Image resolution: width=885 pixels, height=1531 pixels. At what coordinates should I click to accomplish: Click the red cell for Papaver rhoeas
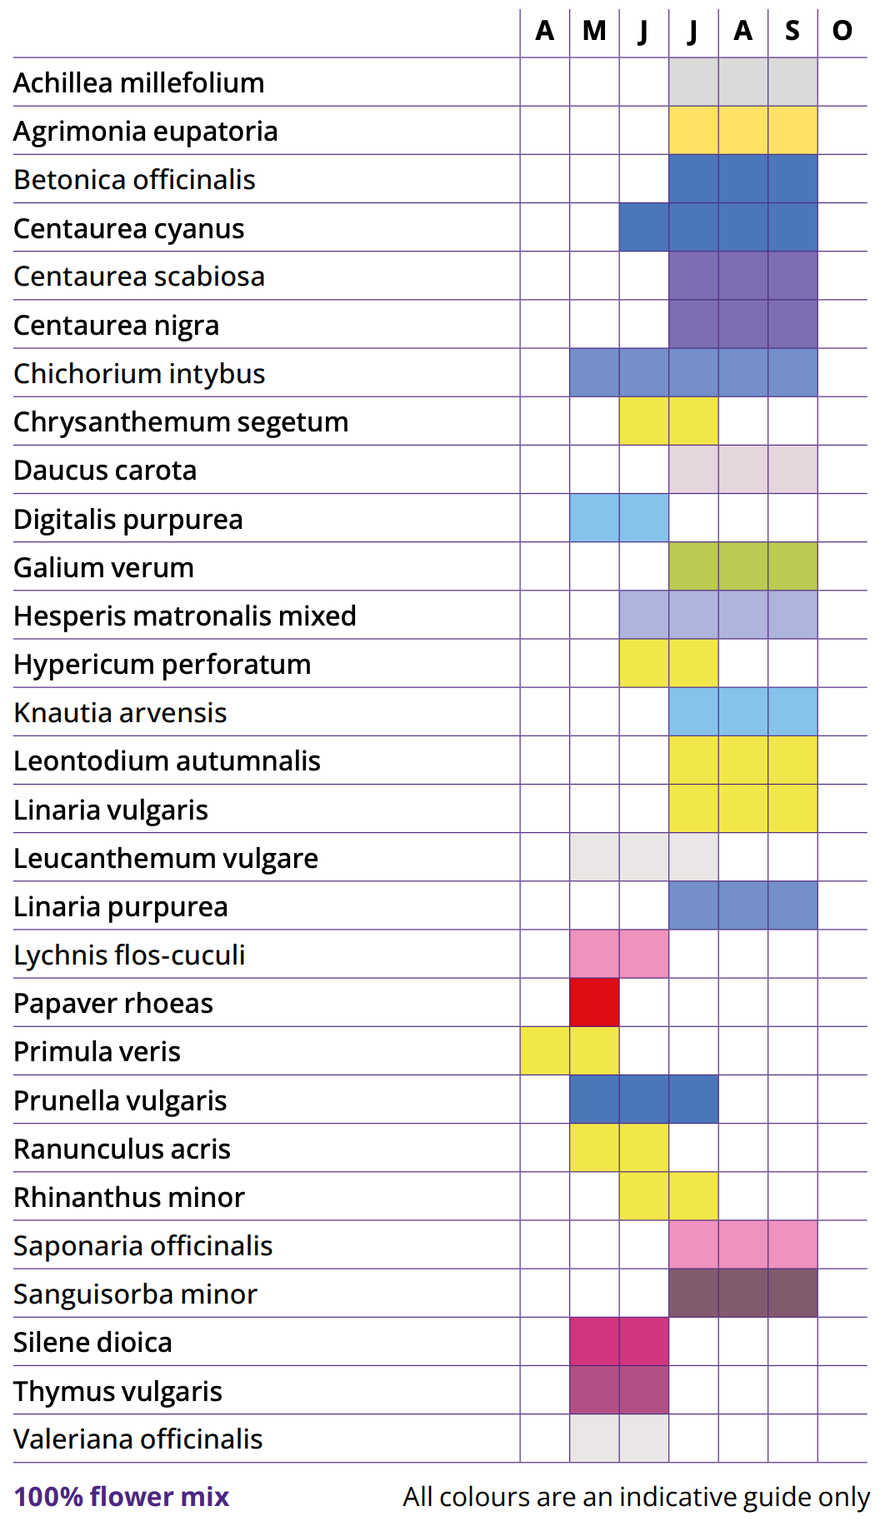pyautogui.click(x=594, y=1002)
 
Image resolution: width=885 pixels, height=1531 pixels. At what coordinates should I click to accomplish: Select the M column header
pyautogui.click(x=594, y=32)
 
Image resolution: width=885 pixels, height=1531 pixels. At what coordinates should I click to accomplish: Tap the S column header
pyautogui.click(x=792, y=32)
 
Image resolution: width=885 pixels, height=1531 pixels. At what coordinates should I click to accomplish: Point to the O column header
pyautogui.click(x=842, y=32)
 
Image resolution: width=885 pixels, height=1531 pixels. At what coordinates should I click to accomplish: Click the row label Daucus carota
pyautogui.click(x=105, y=471)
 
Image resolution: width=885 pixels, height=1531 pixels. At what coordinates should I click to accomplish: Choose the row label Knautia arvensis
pyautogui.click(x=120, y=713)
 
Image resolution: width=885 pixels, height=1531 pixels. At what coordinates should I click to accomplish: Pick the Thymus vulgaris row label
pyautogui.click(x=117, y=1391)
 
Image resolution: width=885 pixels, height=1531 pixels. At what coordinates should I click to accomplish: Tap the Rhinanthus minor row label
pyautogui.click(x=129, y=1198)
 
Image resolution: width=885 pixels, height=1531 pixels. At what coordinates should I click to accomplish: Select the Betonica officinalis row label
pyautogui.click(x=134, y=180)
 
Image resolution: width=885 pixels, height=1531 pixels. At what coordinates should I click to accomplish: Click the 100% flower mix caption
pyautogui.click(x=121, y=1497)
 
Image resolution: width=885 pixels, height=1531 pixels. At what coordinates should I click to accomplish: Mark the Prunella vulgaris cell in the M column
pyautogui.click(x=594, y=1100)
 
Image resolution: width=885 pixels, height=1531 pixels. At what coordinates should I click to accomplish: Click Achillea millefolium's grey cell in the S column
pyautogui.click(x=792, y=82)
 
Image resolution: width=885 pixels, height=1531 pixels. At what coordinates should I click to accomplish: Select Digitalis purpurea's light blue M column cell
pyautogui.click(x=594, y=518)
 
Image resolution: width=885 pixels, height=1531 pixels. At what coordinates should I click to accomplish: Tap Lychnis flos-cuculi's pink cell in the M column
pyautogui.click(x=594, y=954)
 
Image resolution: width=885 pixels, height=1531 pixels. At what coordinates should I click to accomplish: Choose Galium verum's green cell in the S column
pyautogui.click(x=792, y=566)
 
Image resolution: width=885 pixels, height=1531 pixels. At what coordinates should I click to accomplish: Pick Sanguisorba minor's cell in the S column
pyautogui.click(x=792, y=1293)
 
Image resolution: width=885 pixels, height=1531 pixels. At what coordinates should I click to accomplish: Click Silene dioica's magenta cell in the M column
pyautogui.click(x=594, y=1341)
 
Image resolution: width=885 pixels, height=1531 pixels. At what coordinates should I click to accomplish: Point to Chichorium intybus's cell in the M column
pyautogui.click(x=594, y=372)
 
